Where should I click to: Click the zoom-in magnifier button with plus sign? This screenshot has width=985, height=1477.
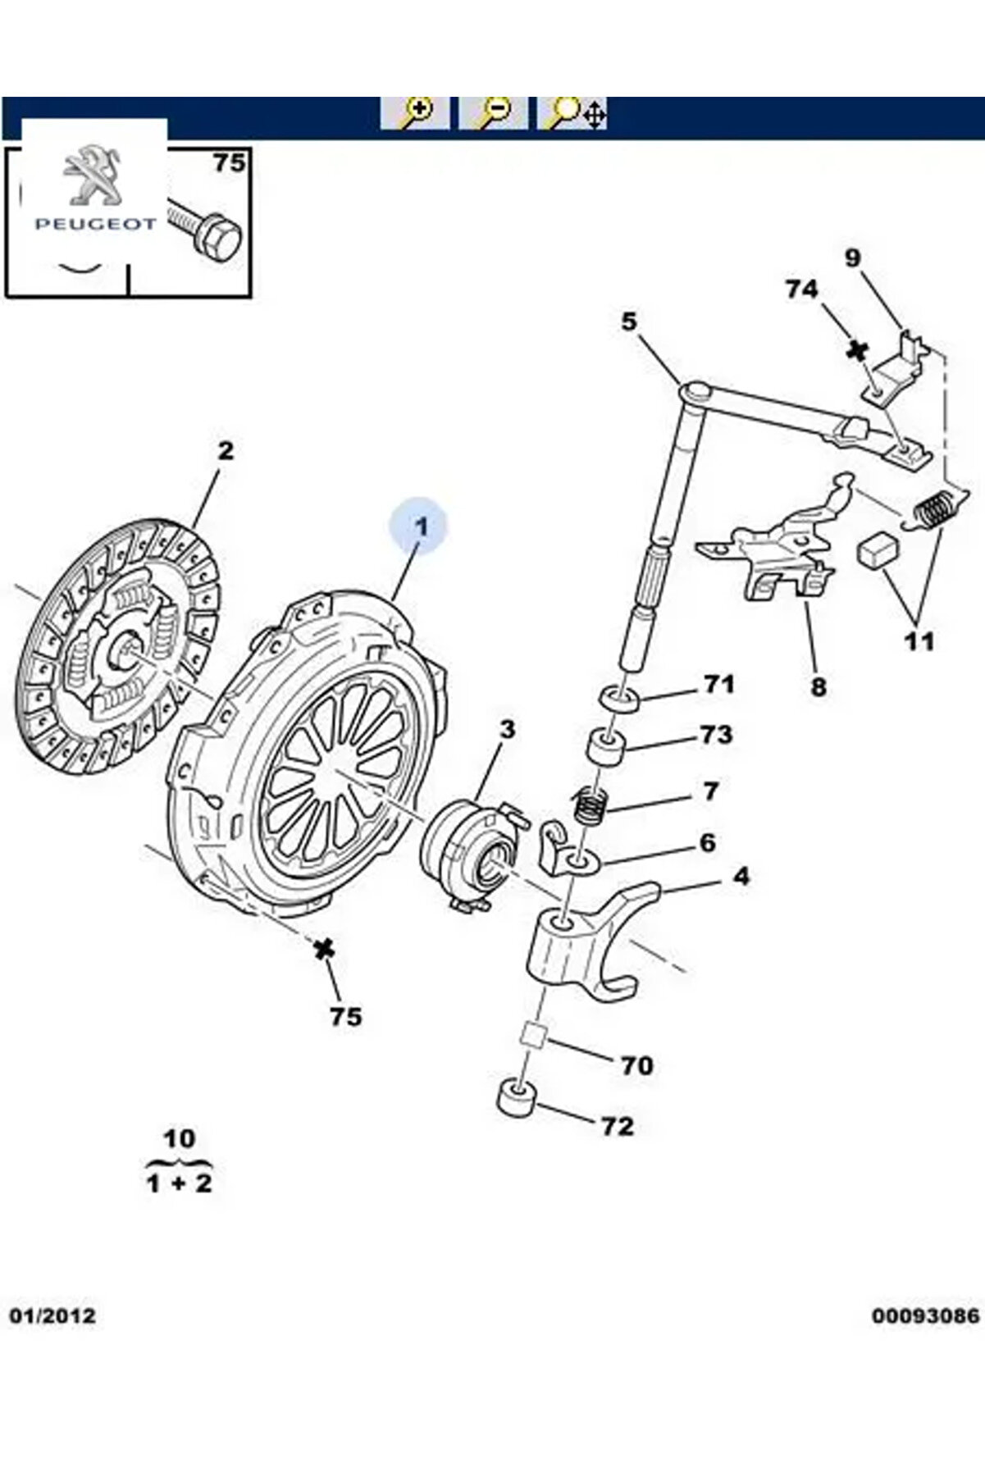pyautogui.click(x=415, y=113)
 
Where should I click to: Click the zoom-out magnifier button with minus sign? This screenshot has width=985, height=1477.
pyautogui.click(x=493, y=113)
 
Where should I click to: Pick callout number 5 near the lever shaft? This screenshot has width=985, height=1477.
pyautogui.click(x=628, y=321)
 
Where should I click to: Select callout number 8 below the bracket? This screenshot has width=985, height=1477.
pyautogui.click(x=818, y=686)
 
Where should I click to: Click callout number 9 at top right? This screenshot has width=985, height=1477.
pyautogui.click(x=853, y=258)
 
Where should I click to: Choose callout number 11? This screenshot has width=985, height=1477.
pyautogui.click(x=919, y=640)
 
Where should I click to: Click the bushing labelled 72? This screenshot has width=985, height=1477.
pyautogui.click(x=517, y=1098)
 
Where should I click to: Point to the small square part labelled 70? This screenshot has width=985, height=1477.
pyautogui.click(x=534, y=1035)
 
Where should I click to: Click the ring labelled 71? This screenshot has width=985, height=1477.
pyautogui.click(x=621, y=700)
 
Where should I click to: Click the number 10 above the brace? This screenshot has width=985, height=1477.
pyautogui.click(x=179, y=1138)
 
